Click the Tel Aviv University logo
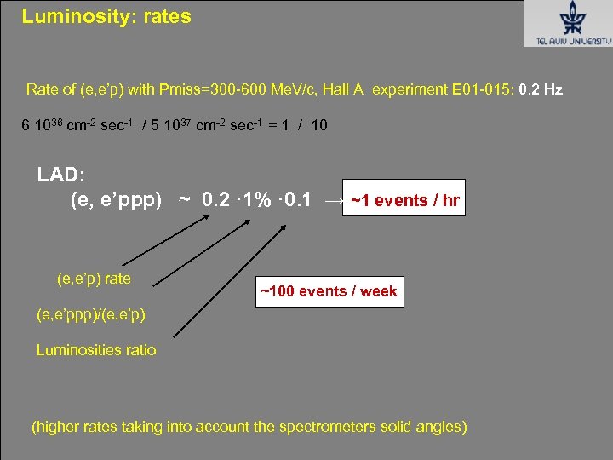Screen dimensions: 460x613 (x=567, y=23)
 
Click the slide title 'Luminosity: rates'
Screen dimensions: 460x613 (x=106, y=16)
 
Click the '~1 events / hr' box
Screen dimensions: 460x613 (x=404, y=201)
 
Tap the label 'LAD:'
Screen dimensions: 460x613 (x=60, y=175)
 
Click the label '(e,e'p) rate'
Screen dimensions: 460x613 (x=94, y=279)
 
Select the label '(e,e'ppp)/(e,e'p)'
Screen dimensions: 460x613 (x=91, y=314)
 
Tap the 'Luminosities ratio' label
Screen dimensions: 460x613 (x=96, y=350)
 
